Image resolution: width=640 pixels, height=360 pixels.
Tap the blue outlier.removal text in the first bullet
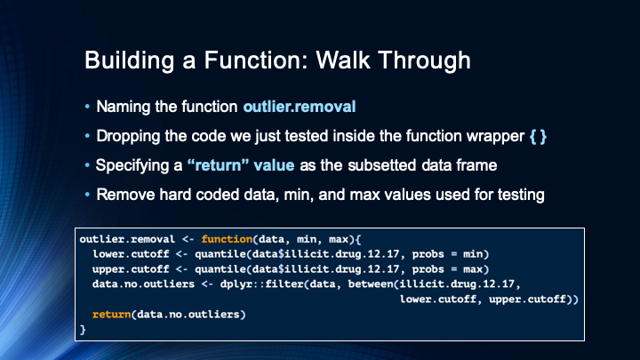(x=299, y=108)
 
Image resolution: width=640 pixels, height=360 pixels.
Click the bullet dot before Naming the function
(x=87, y=108)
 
